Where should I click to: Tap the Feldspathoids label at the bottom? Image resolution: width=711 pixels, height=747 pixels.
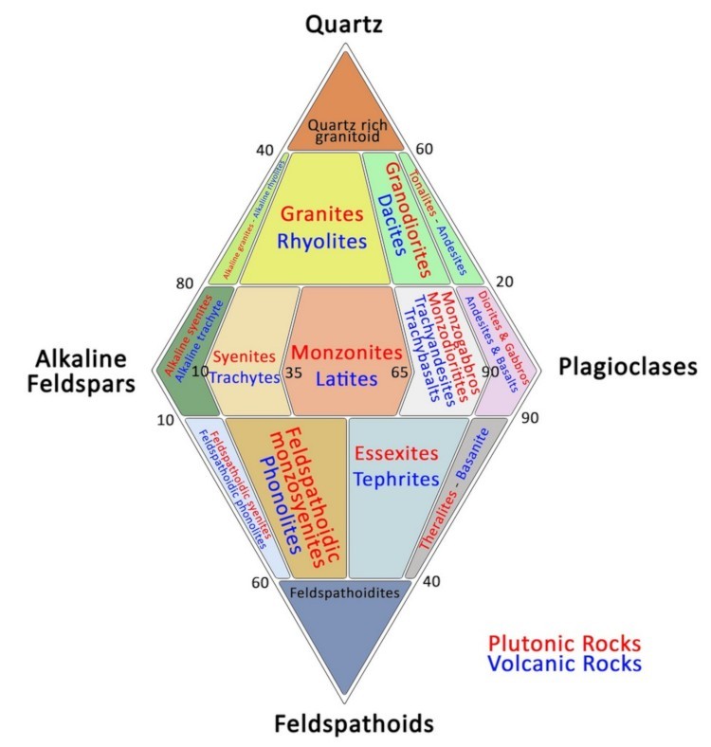354,724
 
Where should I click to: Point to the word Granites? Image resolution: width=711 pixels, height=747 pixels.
322,213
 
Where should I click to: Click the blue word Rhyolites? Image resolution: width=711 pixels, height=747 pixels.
322,242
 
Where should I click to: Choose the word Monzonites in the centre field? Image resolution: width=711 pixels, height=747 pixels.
346,353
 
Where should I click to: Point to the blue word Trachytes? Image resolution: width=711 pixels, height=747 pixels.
245,377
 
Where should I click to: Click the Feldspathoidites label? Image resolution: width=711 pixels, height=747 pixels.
345,593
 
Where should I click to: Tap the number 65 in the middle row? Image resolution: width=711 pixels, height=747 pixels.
400,373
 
